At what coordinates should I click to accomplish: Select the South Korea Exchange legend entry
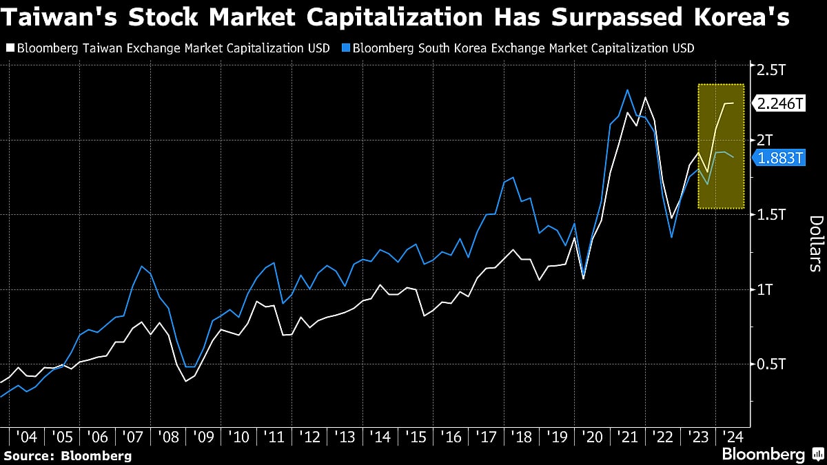(x=522, y=48)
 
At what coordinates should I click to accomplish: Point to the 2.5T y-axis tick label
(x=771, y=70)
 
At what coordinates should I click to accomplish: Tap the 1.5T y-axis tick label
(x=771, y=214)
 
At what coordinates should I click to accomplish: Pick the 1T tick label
(x=765, y=289)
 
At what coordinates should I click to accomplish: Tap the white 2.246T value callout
(x=780, y=103)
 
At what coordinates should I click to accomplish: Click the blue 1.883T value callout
(x=780, y=158)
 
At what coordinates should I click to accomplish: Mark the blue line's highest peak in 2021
(x=627, y=90)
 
